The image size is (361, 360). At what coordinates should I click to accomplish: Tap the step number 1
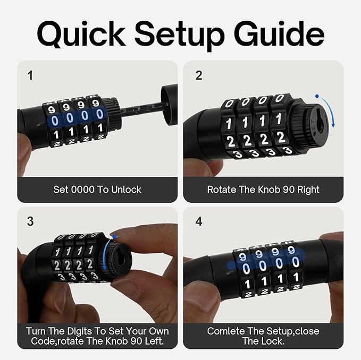tap(30, 75)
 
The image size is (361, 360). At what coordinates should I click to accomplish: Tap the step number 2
tap(198, 75)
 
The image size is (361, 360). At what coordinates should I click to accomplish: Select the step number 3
tap(30, 221)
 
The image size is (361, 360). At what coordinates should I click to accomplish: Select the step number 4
tap(198, 221)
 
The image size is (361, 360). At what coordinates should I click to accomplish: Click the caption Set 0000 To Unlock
tap(97, 189)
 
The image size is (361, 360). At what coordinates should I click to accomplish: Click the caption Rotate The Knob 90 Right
tap(263, 189)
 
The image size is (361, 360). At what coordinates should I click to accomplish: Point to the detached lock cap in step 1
tap(169, 104)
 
